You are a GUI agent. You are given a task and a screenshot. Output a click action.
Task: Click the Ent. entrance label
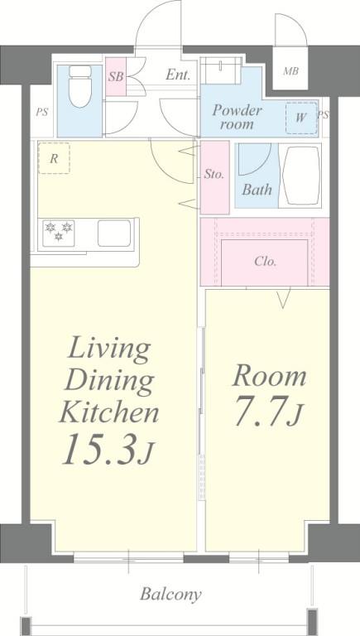[177, 75]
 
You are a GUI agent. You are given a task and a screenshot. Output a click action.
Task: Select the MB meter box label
[290, 70]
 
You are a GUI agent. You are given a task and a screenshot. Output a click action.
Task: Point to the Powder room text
[238, 117]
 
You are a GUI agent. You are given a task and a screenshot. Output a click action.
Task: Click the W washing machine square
[300, 117]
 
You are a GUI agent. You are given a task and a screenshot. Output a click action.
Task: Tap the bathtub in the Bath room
[301, 175]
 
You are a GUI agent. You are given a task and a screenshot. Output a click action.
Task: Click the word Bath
[257, 190]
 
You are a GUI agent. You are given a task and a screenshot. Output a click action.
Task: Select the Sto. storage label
[214, 175]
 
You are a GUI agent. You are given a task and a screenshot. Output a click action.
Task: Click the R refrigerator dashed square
[54, 158]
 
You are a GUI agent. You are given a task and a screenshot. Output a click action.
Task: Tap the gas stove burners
[60, 232]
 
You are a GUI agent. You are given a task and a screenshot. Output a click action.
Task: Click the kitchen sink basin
[115, 233]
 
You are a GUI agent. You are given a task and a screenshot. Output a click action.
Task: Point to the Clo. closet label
[265, 262]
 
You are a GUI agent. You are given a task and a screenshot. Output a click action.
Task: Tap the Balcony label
[170, 594]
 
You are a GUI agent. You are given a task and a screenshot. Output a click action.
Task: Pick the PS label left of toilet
[41, 111]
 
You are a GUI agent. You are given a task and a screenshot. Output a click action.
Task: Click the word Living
[108, 348]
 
